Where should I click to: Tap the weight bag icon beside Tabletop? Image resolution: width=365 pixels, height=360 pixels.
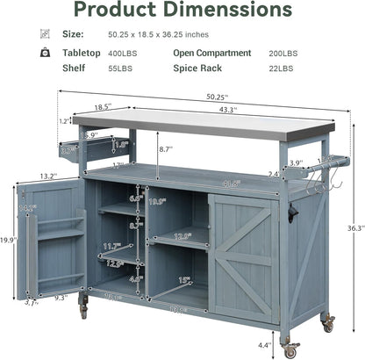(45, 53)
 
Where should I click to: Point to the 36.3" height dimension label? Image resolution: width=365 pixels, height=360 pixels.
(354, 228)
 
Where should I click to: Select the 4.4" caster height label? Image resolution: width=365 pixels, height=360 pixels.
(265, 345)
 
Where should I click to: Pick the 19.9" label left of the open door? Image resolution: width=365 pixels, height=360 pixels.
(8, 239)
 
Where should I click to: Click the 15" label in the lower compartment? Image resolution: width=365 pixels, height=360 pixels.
(183, 280)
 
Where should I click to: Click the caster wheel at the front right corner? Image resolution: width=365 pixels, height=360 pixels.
(290, 349)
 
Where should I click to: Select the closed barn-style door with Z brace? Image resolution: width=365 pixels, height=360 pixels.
(244, 256)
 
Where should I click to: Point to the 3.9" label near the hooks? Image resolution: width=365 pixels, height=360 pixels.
(297, 163)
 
